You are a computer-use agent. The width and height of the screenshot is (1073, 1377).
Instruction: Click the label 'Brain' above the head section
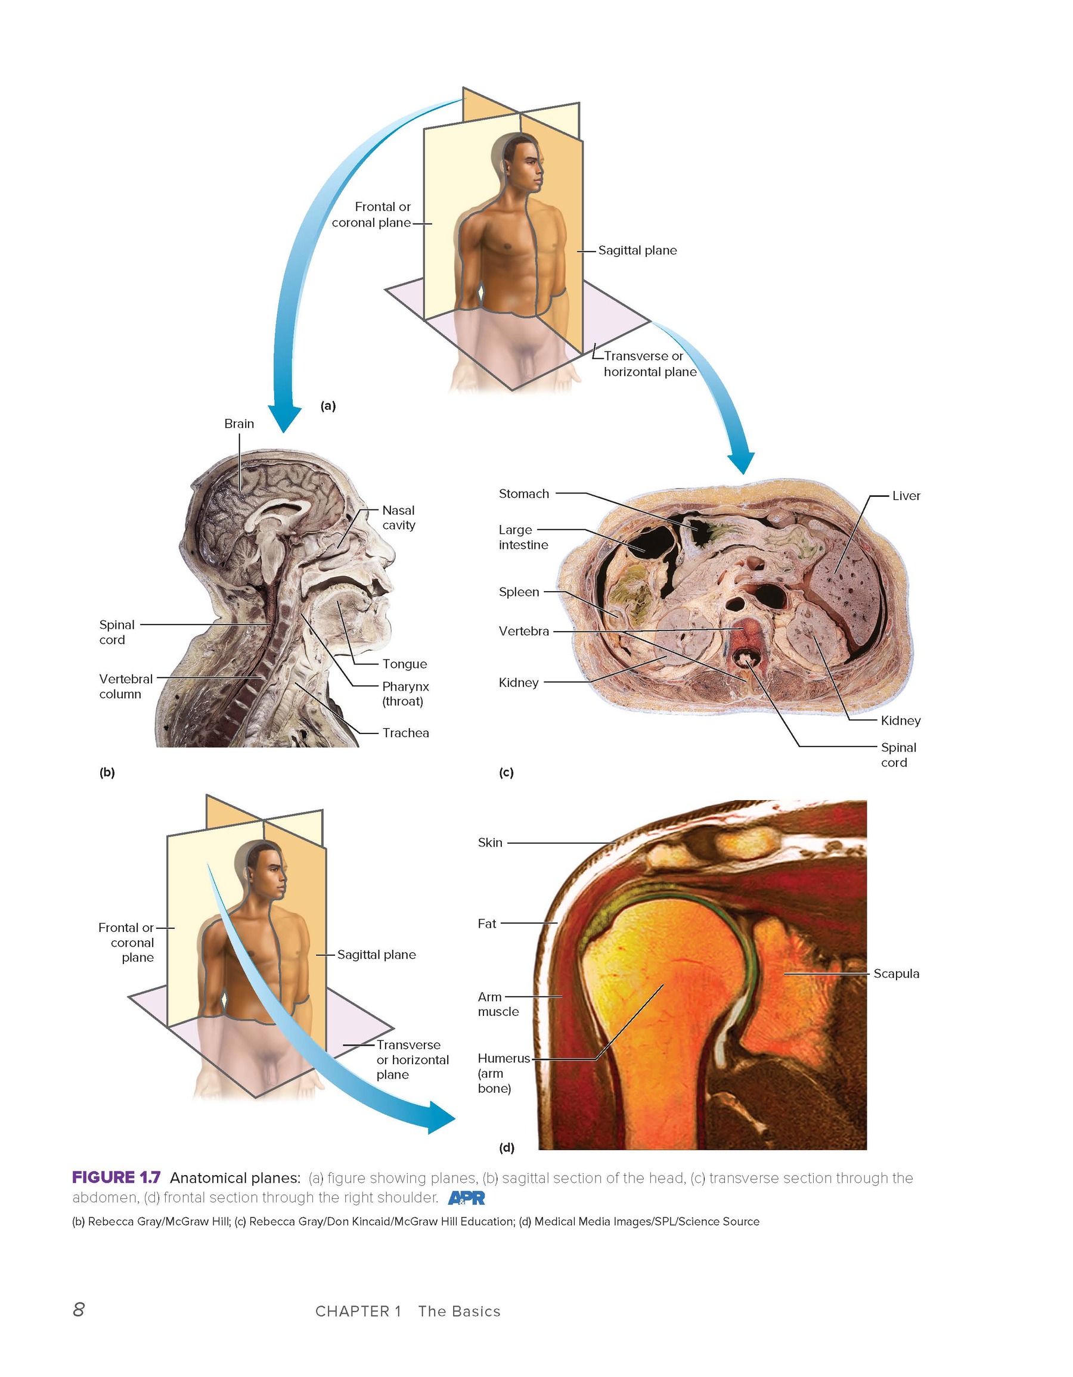(239, 424)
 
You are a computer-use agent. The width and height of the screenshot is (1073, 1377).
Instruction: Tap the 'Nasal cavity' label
(399, 518)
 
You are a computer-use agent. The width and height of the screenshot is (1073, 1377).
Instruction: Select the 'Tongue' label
(404, 664)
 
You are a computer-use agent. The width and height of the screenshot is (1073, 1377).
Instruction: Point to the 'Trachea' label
(405, 733)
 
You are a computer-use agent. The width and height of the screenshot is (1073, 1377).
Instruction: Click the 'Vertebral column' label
(126, 686)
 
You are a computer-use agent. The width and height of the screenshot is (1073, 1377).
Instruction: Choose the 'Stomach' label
(523, 494)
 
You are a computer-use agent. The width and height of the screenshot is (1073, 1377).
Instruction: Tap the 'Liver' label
(906, 496)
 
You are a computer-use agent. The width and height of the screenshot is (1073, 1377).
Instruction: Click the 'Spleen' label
(519, 592)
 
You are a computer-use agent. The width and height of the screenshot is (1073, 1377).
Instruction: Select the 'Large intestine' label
(523, 537)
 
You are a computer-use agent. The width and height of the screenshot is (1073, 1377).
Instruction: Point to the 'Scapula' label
(896, 974)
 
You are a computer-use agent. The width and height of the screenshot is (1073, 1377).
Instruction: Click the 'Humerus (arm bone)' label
(503, 1073)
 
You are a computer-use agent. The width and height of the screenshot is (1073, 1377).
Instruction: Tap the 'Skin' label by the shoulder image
(489, 843)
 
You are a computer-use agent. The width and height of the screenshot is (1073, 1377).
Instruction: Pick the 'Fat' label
(486, 924)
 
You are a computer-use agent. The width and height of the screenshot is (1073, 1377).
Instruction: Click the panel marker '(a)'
(328, 406)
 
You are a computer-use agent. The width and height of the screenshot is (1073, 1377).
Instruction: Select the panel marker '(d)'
(507, 1148)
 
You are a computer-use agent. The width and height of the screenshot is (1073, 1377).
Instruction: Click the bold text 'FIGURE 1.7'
(116, 1177)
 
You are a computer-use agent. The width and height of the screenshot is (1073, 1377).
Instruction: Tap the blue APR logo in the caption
(466, 1198)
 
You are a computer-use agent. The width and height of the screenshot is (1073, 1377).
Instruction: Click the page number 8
(79, 1310)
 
